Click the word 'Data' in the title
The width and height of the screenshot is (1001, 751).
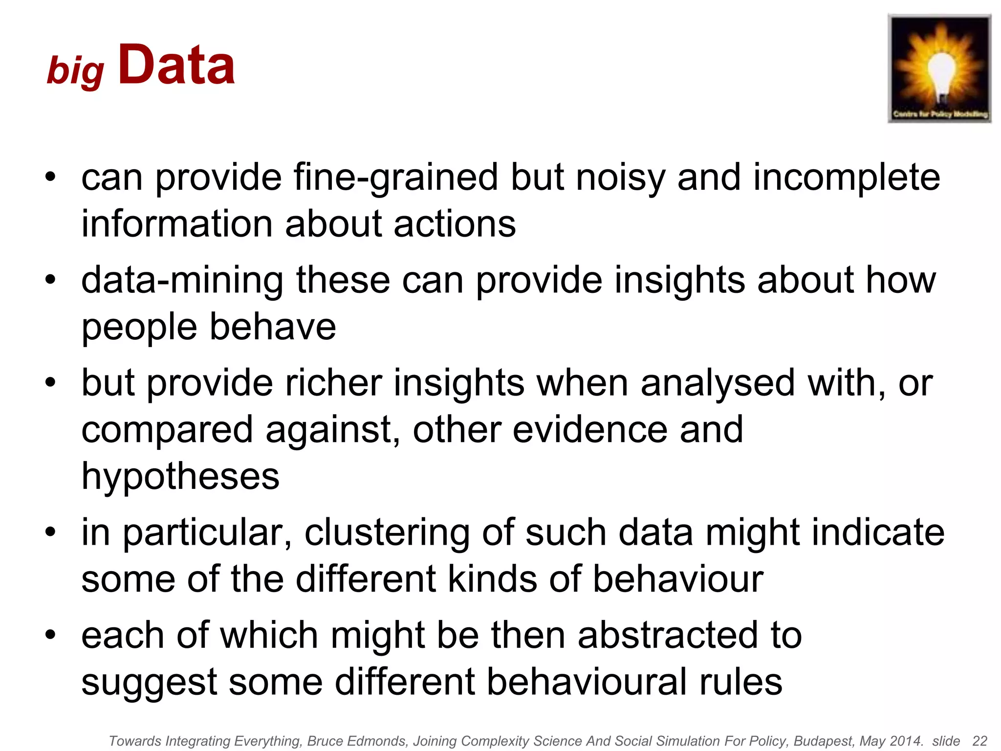point(176,65)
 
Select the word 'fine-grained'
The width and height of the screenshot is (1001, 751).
point(396,177)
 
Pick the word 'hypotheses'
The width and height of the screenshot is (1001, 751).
point(180,476)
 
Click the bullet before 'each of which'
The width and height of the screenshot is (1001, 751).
point(50,635)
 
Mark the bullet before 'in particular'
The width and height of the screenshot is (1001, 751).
point(50,532)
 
